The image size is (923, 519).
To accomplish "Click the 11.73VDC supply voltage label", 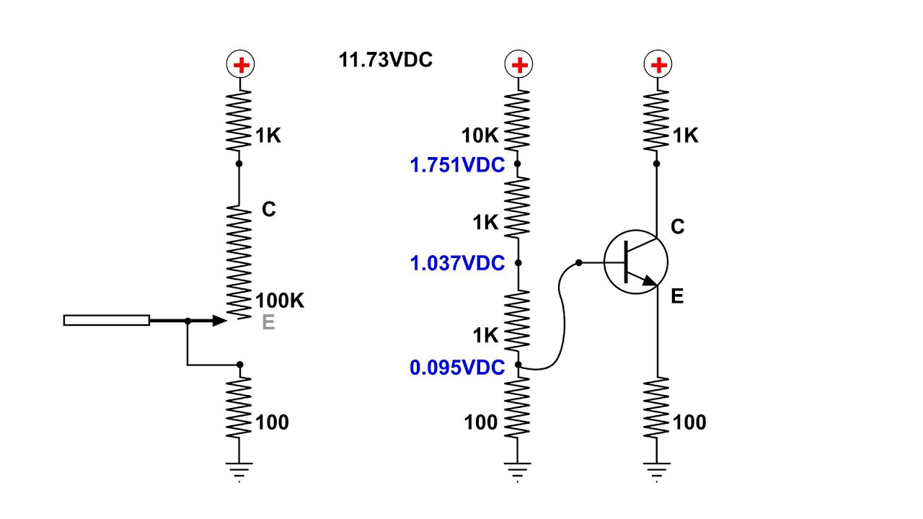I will click(386, 60).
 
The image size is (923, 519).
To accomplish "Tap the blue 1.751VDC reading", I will click(457, 165).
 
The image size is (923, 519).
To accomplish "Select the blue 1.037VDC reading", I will click(457, 263).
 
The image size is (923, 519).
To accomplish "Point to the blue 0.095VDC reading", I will click(457, 368).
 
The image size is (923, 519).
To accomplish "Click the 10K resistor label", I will click(480, 136).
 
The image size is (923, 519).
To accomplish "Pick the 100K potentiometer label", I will click(280, 301).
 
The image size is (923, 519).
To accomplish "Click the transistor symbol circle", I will click(635, 263).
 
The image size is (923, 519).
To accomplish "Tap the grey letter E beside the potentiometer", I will click(268, 323).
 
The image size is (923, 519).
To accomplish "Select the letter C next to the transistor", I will click(677, 227).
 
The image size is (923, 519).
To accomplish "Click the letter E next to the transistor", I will click(677, 296).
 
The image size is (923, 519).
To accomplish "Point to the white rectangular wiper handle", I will click(107, 321).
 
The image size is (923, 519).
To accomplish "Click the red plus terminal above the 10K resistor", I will click(518, 66).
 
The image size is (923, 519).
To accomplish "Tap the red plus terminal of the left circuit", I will click(240, 66).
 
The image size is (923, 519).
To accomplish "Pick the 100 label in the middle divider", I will click(481, 422).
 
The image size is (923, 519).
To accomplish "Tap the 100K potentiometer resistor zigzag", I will click(240, 259).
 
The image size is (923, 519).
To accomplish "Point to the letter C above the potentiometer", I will click(268, 210).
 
